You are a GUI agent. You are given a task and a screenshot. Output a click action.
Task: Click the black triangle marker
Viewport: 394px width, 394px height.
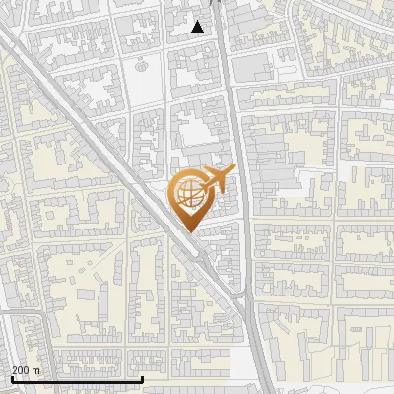[x=198, y=27]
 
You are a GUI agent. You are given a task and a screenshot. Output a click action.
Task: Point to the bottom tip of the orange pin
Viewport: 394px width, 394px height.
[x=189, y=232]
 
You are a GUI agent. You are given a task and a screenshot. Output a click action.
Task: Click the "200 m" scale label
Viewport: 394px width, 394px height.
[x=27, y=370]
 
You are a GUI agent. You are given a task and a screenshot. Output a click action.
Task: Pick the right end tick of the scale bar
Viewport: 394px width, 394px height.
[x=143, y=377]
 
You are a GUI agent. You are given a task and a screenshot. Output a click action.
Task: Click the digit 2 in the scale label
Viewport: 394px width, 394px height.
[x=14, y=370]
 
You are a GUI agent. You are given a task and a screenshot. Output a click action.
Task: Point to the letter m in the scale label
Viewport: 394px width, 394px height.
[x=36, y=370]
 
